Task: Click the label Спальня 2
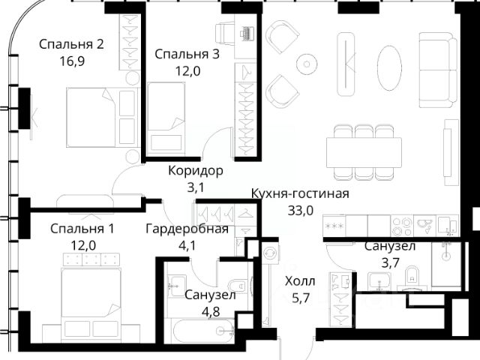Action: (x=71, y=44)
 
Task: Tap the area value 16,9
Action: (x=72, y=61)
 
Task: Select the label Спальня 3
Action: (x=187, y=54)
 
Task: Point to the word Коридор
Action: (x=196, y=171)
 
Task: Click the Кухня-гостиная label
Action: (x=300, y=193)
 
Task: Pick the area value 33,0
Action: (x=301, y=210)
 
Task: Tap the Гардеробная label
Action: (x=187, y=229)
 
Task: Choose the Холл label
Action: (x=300, y=281)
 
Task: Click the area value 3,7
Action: (x=390, y=262)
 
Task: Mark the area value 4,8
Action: (x=211, y=312)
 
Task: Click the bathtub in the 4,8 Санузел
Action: (x=203, y=330)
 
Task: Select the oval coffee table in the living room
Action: (x=389, y=67)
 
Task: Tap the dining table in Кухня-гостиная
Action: (x=364, y=152)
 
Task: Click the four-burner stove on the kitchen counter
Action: (x=402, y=226)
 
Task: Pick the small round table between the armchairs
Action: (x=307, y=64)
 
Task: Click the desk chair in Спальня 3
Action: (x=225, y=33)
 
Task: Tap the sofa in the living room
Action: (x=438, y=70)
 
